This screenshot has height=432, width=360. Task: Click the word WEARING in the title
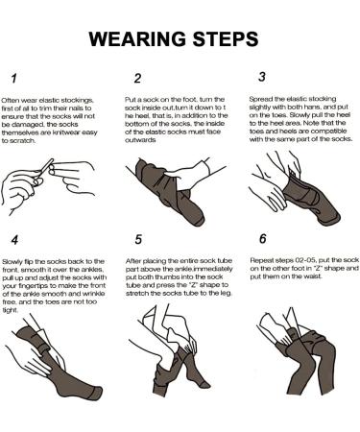click(137, 39)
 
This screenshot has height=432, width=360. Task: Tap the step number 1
click(13, 79)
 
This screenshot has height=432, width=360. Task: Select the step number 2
click(137, 79)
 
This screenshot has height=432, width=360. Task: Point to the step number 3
click(262, 77)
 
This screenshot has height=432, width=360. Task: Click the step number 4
click(14, 240)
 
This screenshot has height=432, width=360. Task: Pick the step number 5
click(138, 239)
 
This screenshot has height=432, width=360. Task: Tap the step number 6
click(262, 238)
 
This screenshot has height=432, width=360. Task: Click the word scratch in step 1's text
click(22, 140)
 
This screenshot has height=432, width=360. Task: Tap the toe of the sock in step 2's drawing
click(197, 218)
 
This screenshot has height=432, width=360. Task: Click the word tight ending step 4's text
click(10, 310)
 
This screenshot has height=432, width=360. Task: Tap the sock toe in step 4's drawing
click(95, 393)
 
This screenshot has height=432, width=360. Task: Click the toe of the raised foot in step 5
click(204, 384)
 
